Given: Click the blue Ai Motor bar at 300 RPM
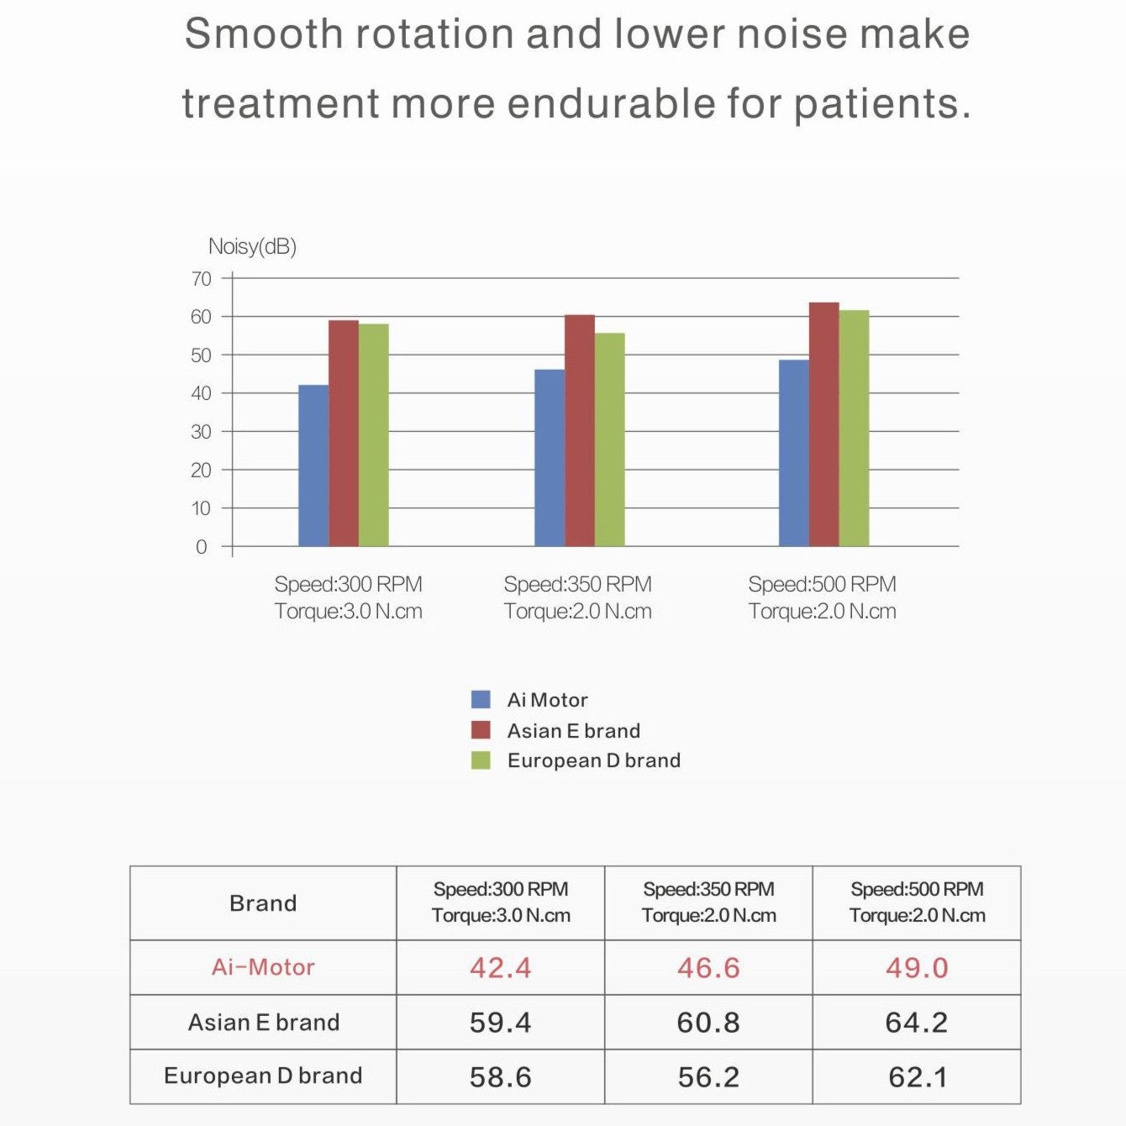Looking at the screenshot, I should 313,466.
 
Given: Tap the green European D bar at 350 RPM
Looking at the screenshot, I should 609,439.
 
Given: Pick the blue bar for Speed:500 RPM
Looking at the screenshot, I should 793,453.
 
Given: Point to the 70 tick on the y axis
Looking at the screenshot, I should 202,279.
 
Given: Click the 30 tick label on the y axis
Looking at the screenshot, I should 202,432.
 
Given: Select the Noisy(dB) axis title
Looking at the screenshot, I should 252,246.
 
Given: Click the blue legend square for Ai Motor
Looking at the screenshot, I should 481,699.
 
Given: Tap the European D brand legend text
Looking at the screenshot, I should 593,760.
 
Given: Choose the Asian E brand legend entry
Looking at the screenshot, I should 573,730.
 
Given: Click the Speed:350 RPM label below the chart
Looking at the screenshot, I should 577,584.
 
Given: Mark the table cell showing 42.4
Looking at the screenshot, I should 500,967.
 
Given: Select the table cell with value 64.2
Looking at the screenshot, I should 916,1022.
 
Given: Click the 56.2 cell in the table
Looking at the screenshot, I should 708,1076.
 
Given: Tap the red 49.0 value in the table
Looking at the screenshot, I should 916,967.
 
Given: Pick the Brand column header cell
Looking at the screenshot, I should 263,903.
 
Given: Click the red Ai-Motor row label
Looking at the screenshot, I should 263,967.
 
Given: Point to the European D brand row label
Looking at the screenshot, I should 263,1076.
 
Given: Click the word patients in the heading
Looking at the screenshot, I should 881,104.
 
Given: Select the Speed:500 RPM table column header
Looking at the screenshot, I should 917,902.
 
